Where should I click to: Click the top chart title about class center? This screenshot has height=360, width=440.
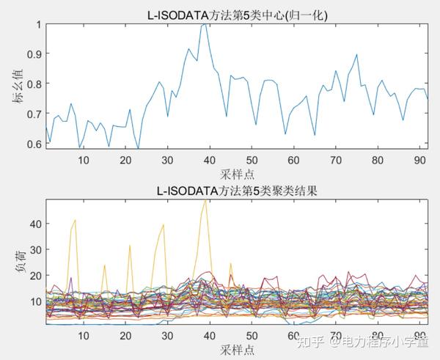pos(235,14)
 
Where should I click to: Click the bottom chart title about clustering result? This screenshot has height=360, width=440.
pos(235,191)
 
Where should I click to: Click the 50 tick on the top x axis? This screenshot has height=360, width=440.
pos(252,161)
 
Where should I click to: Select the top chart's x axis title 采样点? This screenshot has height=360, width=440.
pos(235,175)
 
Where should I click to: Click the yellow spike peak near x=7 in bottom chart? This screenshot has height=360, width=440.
pos(75,220)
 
